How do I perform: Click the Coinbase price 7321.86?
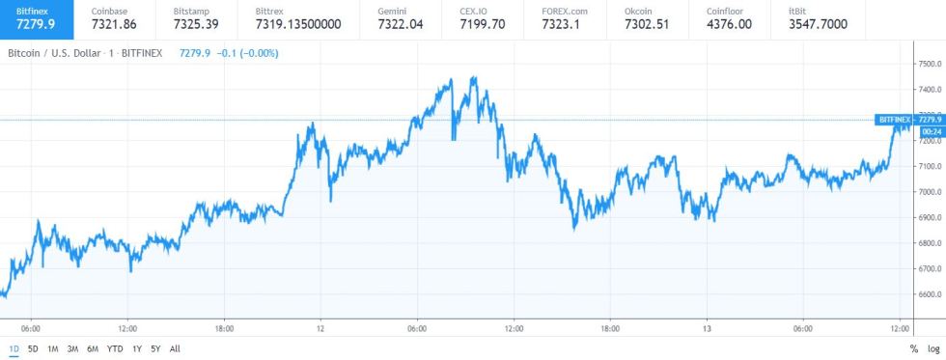coord(113,23)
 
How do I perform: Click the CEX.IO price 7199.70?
coord(483,23)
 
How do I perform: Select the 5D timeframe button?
coord(33,348)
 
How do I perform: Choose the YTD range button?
coord(114,348)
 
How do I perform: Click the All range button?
coord(175,348)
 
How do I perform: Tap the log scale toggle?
coord(932,348)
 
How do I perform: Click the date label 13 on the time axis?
coord(707,327)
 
